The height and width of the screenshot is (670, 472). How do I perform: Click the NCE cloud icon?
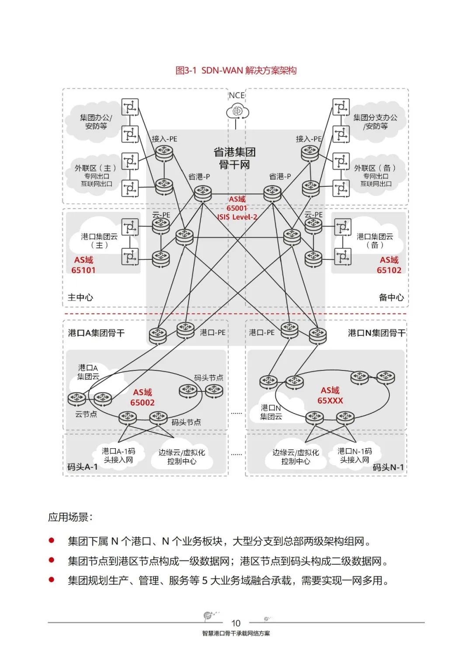(237, 112)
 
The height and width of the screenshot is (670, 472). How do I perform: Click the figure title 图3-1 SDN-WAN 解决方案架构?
(236, 70)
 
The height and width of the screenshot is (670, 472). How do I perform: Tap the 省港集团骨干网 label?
(234, 158)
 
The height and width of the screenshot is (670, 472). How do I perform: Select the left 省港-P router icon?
(203, 192)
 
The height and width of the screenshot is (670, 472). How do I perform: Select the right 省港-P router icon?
(272, 192)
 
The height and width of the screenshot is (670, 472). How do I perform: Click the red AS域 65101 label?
(83, 265)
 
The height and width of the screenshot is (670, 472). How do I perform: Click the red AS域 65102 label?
(389, 265)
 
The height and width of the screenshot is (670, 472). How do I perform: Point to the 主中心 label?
(80, 297)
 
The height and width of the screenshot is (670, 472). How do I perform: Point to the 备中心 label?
(391, 297)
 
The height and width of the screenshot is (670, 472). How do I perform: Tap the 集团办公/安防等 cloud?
(96, 122)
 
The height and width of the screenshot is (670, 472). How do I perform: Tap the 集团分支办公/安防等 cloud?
(375, 122)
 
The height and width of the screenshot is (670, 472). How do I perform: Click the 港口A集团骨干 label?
(96, 333)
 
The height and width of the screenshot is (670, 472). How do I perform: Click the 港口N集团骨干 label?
(376, 333)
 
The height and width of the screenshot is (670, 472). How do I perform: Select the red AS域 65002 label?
(142, 398)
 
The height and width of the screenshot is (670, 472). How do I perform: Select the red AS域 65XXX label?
(330, 395)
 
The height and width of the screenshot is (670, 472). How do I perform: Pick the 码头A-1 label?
(83, 467)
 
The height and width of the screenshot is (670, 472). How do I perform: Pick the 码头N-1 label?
(388, 467)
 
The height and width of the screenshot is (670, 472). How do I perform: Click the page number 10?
(236, 623)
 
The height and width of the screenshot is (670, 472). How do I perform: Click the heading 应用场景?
(70, 517)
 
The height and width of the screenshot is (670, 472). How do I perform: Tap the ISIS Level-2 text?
(238, 217)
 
